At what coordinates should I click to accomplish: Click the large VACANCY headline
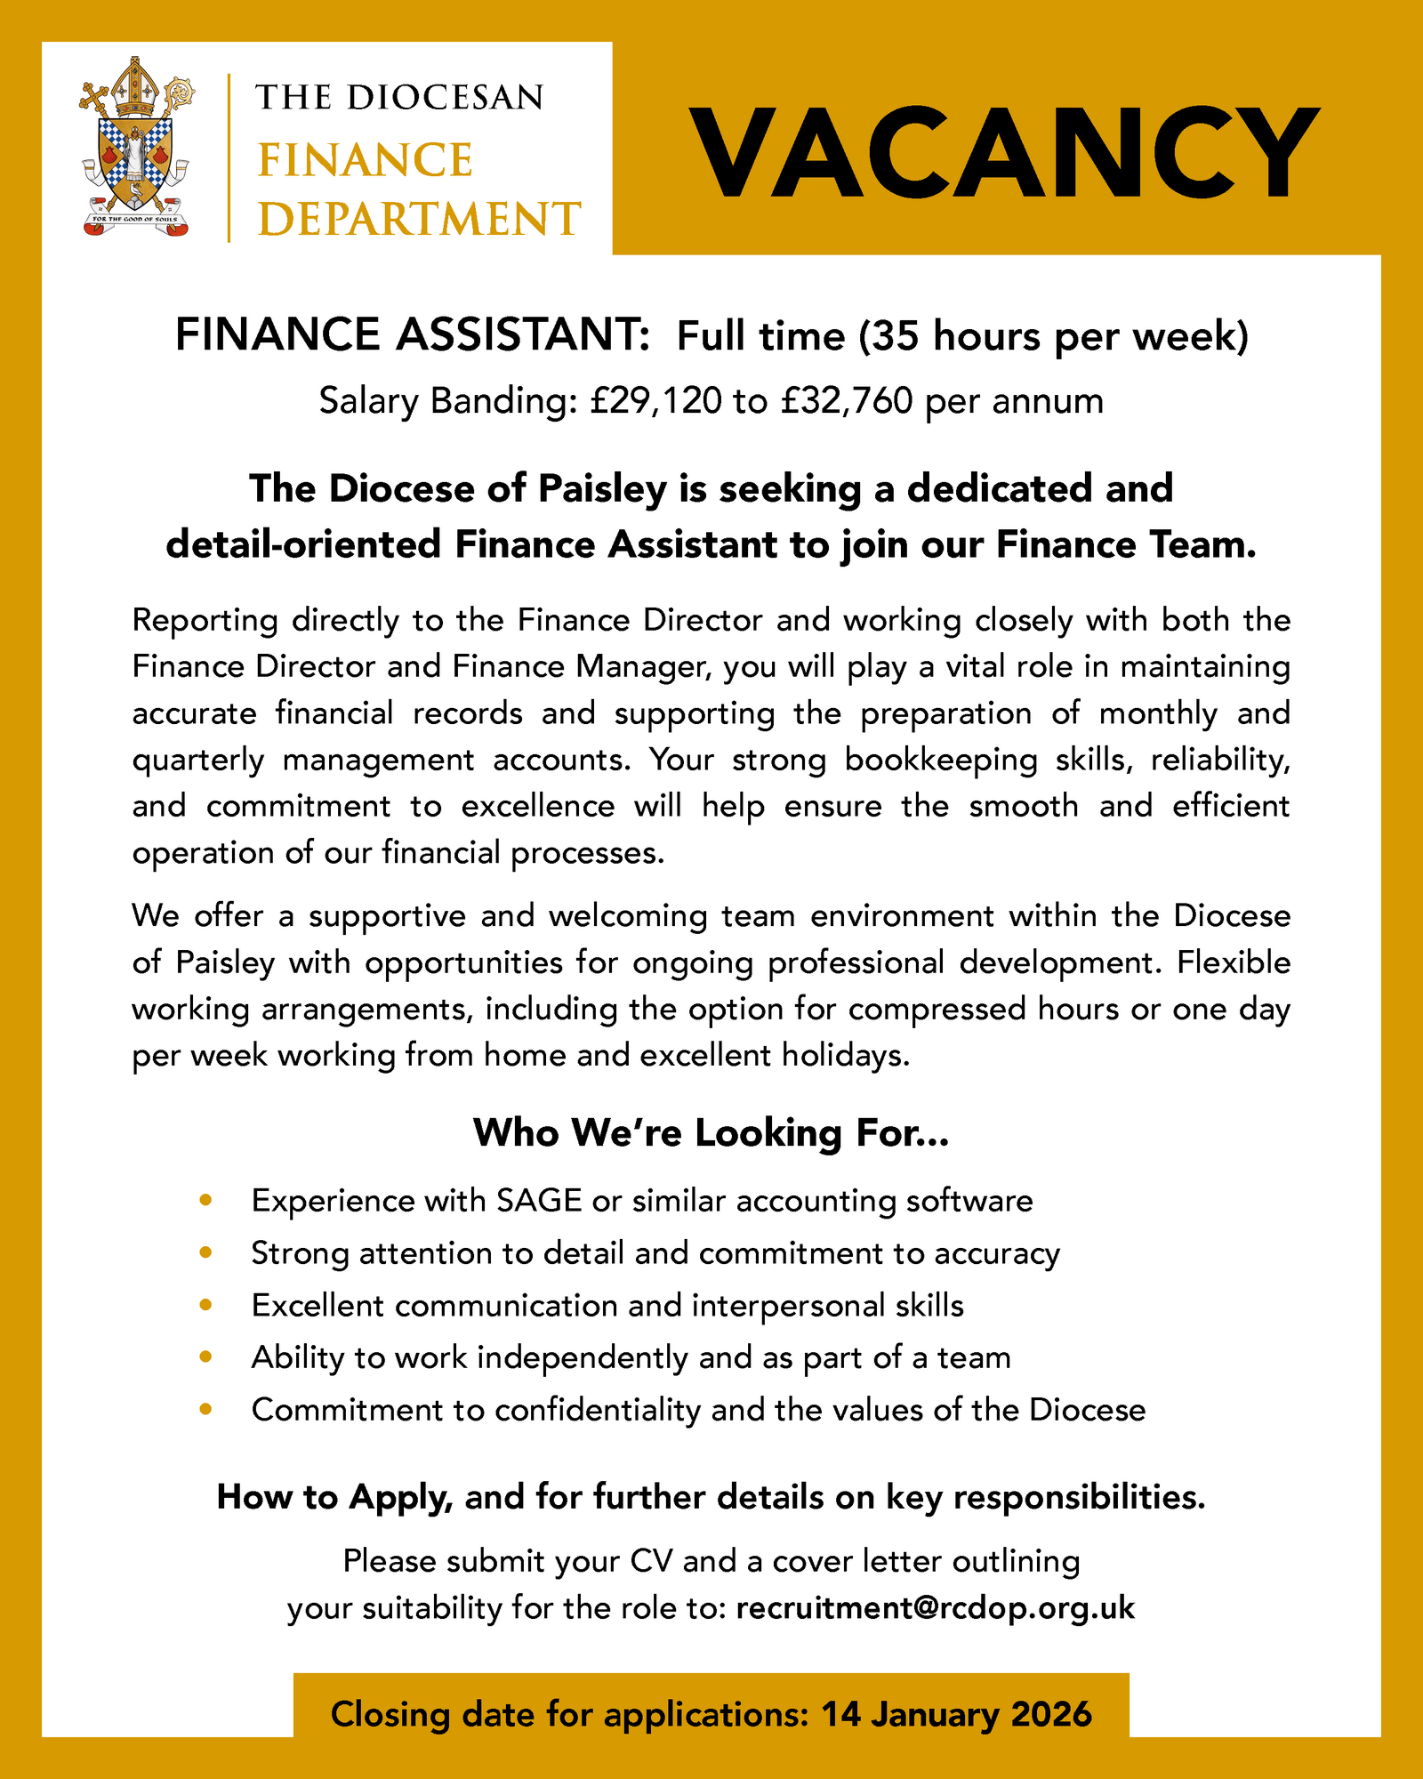pos(1003,153)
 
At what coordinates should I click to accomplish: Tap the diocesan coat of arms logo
pos(136,147)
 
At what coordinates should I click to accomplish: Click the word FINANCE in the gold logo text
pos(365,161)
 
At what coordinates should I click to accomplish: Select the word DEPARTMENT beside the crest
pos(419,219)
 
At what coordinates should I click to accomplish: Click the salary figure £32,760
pos(847,401)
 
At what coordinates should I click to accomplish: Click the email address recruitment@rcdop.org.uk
pos(936,1607)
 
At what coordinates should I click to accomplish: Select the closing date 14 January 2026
pos(956,1714)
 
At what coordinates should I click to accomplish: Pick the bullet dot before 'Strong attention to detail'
pos(206,1253)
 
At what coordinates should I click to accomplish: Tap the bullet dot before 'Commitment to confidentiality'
pos(206,1409)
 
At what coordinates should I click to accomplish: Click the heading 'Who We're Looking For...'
pos(711,1133)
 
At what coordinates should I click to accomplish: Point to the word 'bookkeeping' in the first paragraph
pos(941,760)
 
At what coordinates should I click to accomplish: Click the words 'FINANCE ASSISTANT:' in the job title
pos(413,335)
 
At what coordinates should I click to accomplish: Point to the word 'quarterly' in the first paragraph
pos(198,760)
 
